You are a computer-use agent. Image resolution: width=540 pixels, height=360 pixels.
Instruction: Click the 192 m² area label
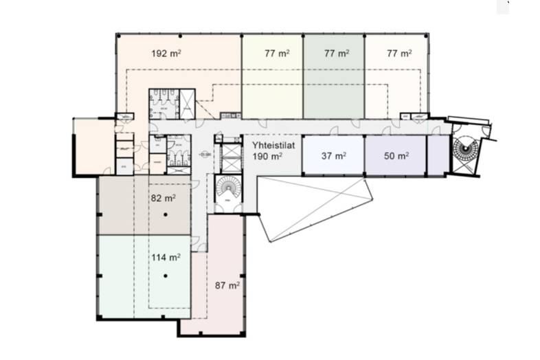click(166, 52)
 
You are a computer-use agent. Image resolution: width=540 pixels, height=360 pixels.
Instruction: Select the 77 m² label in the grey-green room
click(337, 52)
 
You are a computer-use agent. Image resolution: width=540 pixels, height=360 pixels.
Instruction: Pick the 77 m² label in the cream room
click(399, 52)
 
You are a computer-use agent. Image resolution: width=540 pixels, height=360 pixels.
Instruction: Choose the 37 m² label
click(333, 156)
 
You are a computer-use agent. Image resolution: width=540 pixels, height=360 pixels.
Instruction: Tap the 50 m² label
click(396, 156)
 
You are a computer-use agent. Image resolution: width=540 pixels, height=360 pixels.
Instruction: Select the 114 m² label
click(166, 258)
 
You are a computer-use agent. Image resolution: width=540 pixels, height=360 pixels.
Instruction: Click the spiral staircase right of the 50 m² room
click(466, 151)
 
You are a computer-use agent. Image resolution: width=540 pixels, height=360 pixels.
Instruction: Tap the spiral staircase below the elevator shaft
click(227, 188)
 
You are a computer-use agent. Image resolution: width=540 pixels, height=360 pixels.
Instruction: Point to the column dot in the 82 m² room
click(166, 216)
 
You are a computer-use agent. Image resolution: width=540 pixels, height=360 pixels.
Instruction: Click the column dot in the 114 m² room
click(166, 276)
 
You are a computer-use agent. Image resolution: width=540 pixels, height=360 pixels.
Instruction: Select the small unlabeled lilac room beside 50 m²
click(437, 155)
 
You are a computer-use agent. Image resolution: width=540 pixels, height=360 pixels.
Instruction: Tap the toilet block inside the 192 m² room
click(164, 104)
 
